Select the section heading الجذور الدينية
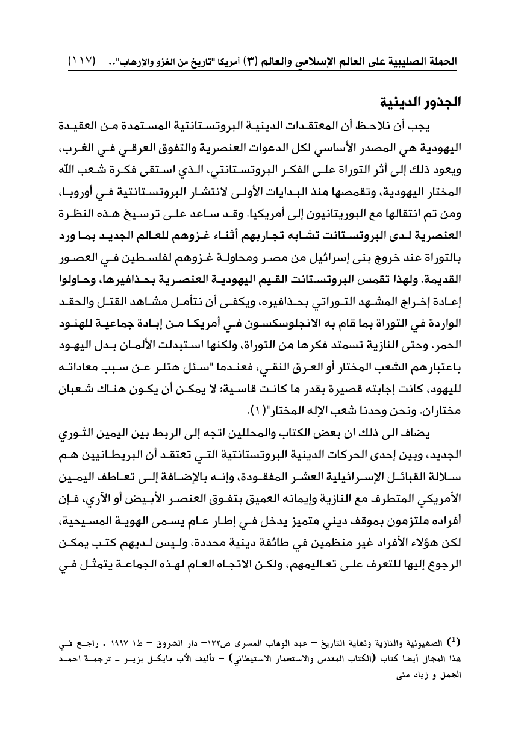[419, 101]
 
